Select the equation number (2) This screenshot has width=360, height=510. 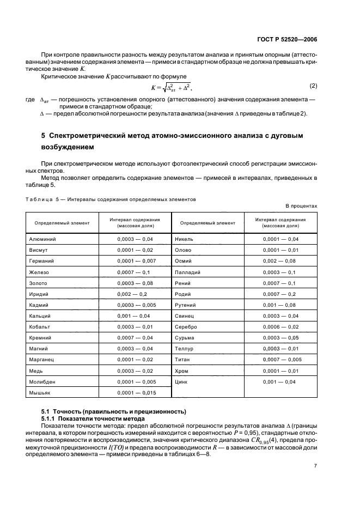313,86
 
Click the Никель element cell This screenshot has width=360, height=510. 184,239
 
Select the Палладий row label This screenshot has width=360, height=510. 187,272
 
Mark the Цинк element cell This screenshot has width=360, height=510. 181,381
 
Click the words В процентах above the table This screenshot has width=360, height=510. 301,207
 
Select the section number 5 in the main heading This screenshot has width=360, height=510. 44,135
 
